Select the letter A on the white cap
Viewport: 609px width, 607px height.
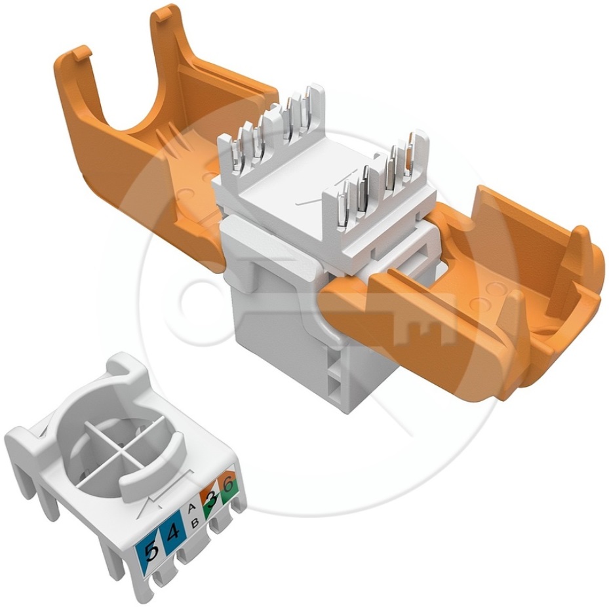[191, 507]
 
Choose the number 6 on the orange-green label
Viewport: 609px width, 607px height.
[228, 484]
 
